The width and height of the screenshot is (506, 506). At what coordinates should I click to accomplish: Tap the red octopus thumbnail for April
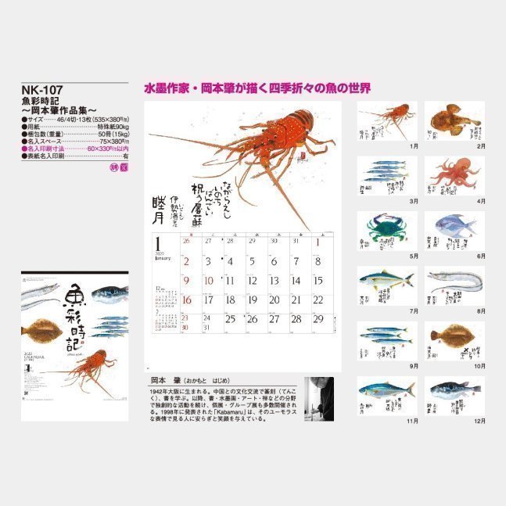click(x=453, y=175)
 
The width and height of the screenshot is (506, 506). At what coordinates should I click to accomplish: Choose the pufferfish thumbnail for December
click(x=453, y=395)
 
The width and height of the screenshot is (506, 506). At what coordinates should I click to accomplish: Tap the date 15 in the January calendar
click(x=317, y=281)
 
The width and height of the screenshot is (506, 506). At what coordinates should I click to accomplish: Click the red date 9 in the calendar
click(x=187, y=281)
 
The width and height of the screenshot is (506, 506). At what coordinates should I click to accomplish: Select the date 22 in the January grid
click(x=317, y=300)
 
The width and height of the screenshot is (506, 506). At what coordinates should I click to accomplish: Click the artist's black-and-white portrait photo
click(x=318, y=399)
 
